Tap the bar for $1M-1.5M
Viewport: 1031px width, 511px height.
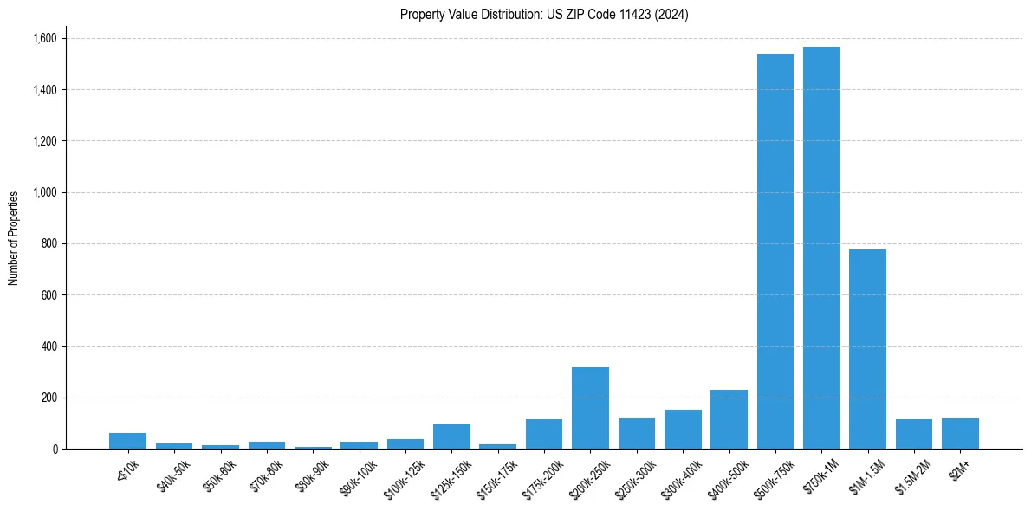pos(867,349)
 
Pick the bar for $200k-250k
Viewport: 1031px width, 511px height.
pos(590,408)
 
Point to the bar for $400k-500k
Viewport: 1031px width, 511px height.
pos(729,419)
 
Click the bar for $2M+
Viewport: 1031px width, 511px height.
pos(960,434)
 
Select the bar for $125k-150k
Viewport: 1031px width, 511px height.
pos(451,437)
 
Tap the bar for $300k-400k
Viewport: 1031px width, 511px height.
pos(683,430)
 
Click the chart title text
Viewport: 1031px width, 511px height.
pos(544,15)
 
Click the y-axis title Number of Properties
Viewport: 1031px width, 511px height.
pos(14,238)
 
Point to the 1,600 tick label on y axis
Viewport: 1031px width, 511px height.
pos(45,38)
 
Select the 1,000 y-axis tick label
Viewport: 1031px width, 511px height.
pos(45,192)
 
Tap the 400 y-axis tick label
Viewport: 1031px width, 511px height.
pos(49,346)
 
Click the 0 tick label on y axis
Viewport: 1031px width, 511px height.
pos(55,450)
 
